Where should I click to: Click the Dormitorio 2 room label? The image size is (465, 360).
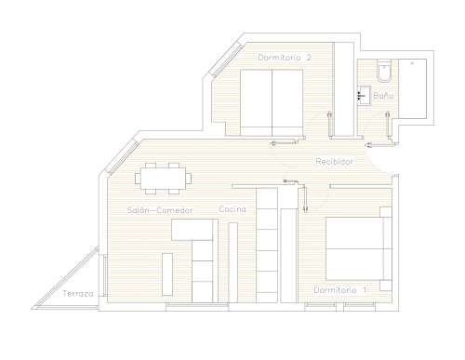(x=285, y=58)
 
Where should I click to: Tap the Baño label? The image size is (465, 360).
(x=383, y=96)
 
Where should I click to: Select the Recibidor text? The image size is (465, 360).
(x=335, y=162)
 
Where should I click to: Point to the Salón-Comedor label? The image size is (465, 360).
(x=160, y=210)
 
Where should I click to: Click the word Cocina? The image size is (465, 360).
(x=232, y=209)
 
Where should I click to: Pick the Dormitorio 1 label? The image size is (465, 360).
(x=340, y=290)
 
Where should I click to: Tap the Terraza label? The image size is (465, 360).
(x=78, y=294)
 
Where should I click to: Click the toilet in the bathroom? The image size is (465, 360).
(x=384, y=71)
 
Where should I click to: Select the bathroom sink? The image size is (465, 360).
(x=364, y=96)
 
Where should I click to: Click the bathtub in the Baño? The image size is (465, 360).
(x=412, y=88)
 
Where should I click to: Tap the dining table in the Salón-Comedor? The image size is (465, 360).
(x=163, y=179)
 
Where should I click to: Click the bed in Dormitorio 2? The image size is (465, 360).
(x=272, y=102)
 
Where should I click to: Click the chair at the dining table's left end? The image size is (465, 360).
(x=138, y=179)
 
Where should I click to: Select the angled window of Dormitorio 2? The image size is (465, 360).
(x=226, y=60)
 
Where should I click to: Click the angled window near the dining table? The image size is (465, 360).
(x=122, y=157)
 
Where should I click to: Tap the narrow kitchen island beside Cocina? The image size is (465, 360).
(x=233, y=262)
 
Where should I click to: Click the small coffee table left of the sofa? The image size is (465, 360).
(x=167, y=274)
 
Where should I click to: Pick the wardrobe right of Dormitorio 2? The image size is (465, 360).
(x=344, y=88)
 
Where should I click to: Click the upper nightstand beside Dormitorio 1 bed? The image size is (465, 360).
(x=386, y=212)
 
